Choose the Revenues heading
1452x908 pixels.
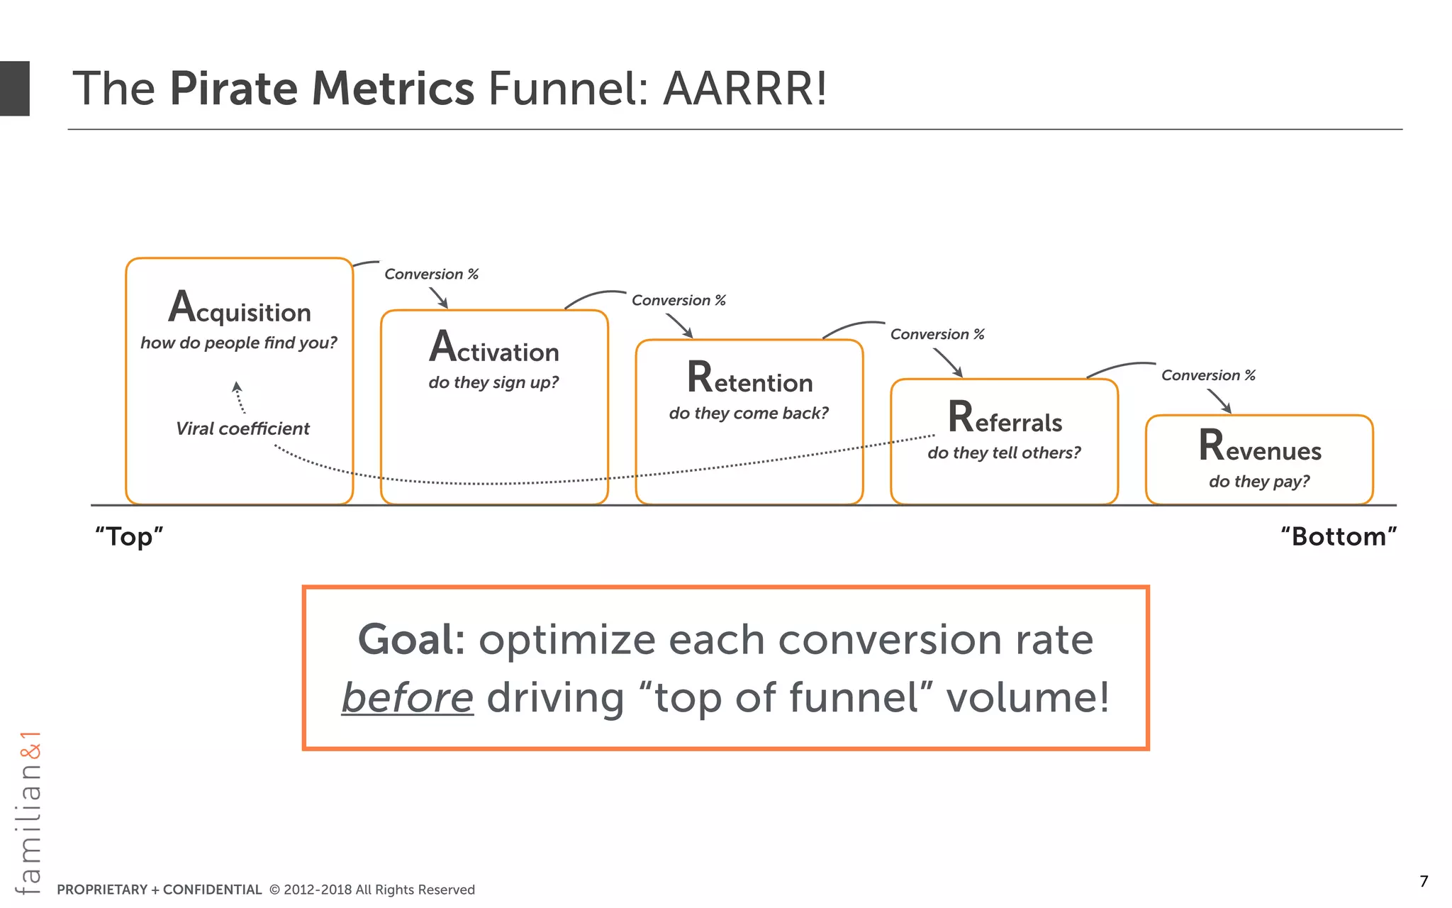[x=1260, y=447]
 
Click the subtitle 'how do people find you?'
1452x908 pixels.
[x=239, y=343]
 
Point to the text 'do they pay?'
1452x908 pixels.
[x=1259, y=481]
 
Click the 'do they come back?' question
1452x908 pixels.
[x=749, y=413]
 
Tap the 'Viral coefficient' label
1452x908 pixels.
[x=242, y=428]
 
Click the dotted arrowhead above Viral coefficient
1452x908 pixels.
[x=238, y=387]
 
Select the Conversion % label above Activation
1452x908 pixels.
[x=431, y=274]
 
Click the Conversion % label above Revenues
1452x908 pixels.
[x=1208, y=375]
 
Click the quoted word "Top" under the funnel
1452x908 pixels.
[x=129, y=536]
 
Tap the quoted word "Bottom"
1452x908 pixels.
[x=1339, y=536]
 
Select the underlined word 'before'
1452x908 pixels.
[x=408, y=697]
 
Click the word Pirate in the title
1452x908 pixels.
[x=233, y=89]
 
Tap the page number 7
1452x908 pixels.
[x=1424, y=881]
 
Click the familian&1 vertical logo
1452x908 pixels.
[x=29, y=812]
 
